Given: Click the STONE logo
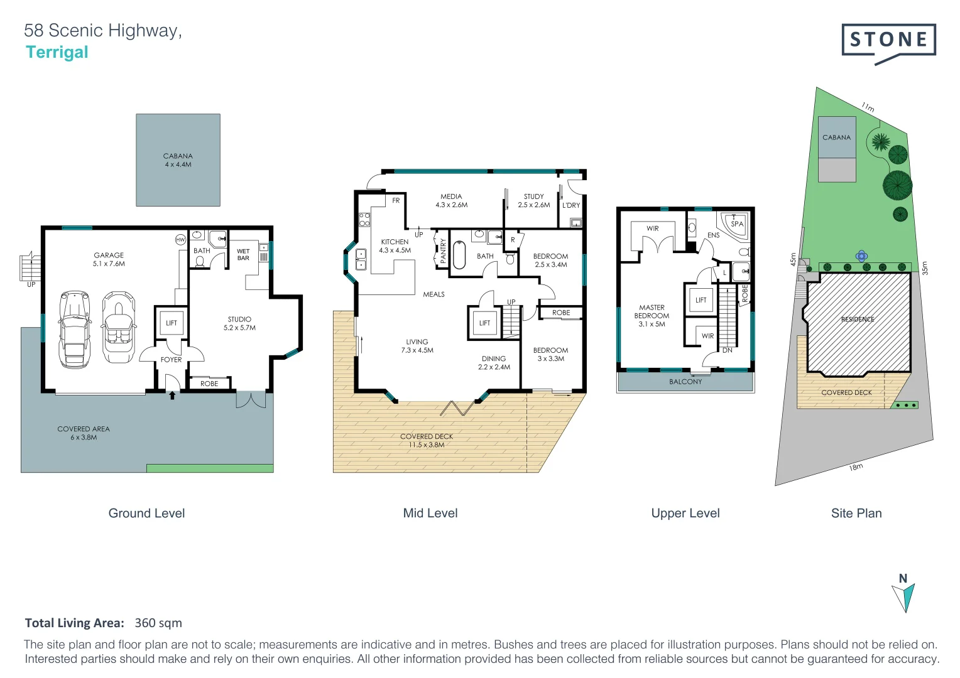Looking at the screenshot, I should click(888, 40).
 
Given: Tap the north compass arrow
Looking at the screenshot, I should click(904, 597).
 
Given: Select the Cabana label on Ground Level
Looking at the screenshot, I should click(178, 160).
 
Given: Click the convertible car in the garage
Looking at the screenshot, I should click(119, 327).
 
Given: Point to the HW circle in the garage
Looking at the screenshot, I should click(180, 240).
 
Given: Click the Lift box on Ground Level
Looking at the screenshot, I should click(172, 323).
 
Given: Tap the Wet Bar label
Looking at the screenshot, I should click(243, 254).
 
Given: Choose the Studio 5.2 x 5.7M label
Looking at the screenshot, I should click(239, 323).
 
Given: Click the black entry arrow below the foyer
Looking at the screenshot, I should click(172, 395).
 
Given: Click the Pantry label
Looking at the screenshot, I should click(443, 250).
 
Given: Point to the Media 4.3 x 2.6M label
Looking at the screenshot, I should click(451, 200).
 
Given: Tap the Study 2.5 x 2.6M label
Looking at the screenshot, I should click(533, 200).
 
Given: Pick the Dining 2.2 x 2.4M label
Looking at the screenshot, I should click(494, 363).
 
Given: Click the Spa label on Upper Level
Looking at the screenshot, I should click(737, 223).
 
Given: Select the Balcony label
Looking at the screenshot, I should click(685, 382).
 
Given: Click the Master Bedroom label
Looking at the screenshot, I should click(652, 316).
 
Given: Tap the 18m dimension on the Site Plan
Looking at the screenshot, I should click(856, 467).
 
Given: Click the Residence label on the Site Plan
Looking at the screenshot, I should click(858, 320).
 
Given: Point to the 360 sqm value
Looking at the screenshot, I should click(158, 623).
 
